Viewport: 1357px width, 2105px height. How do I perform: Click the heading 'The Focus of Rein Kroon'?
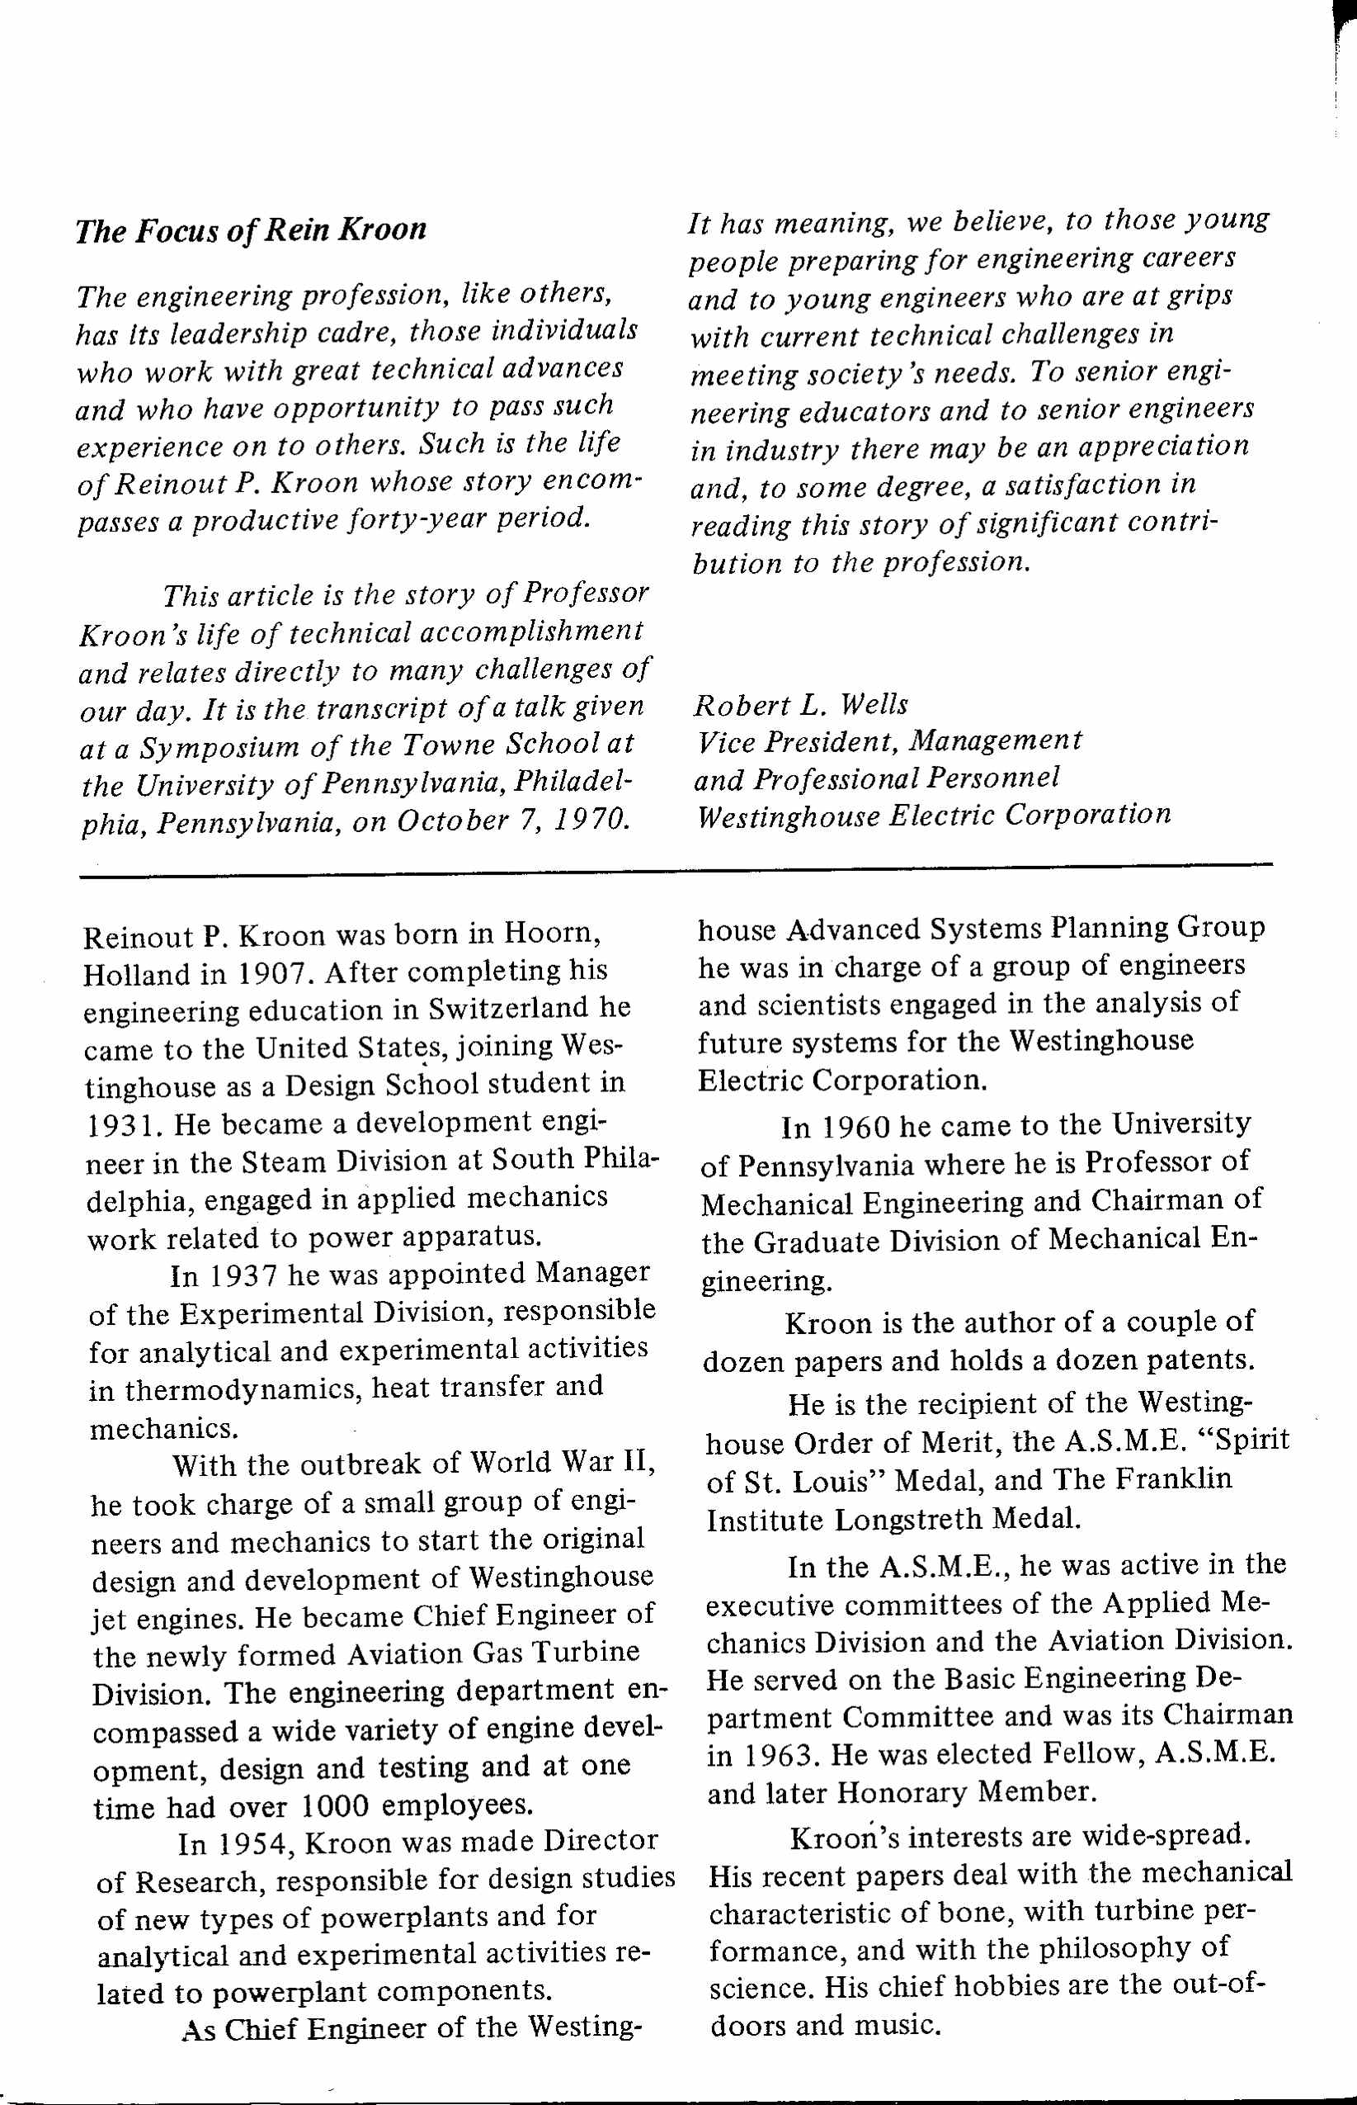250,229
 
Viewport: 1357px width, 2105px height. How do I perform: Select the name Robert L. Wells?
800,704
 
